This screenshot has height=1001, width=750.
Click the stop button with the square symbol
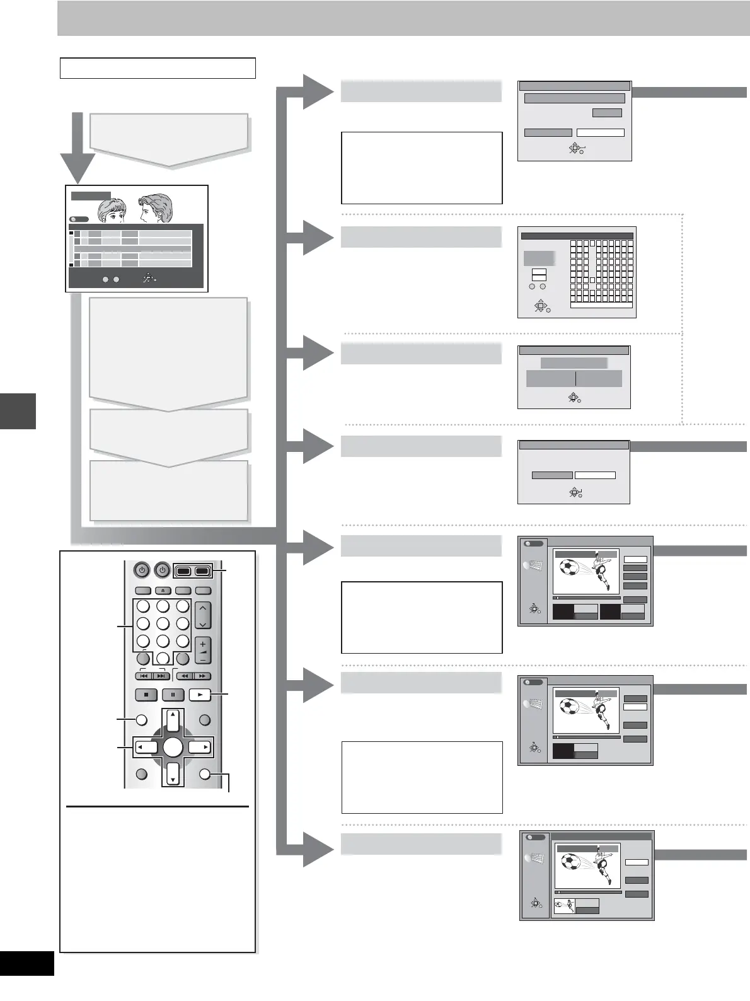(146, 695)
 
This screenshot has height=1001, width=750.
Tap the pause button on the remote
(173, 695)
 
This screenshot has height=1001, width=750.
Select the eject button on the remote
(162, 591)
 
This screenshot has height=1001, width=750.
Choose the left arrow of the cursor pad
(146, 748)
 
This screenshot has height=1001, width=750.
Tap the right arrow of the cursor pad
(199, 748)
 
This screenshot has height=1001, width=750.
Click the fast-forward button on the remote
(202, 676)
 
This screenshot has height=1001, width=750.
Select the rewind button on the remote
(184, 676)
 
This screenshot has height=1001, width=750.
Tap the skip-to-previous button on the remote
(144, 676)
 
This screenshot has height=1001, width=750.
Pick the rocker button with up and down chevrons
(203, 615)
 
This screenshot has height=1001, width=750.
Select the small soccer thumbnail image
(565, 906)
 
